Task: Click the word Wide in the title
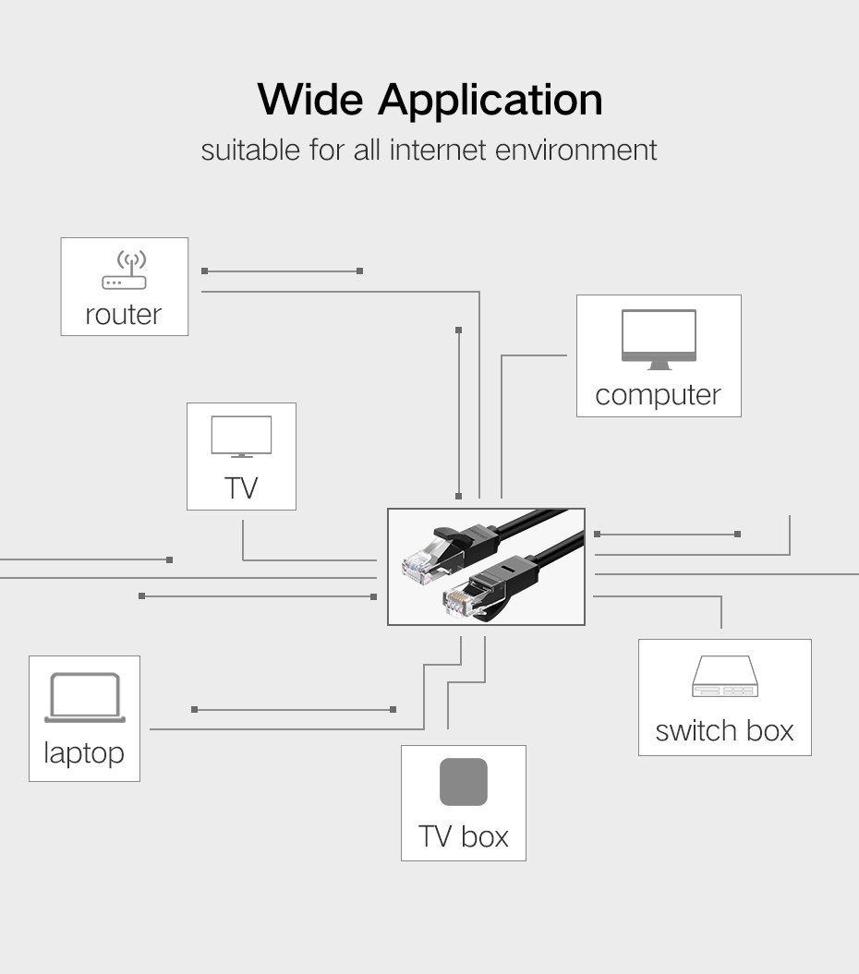click(x=310, y=100)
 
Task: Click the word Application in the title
click(x=490, y=101)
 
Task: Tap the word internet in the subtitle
click(x=438, y=150)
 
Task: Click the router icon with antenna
click(x=125, y=270)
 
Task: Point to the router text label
click(x=123, y=314)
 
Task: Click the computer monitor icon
click(x=659, y=339)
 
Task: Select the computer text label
click(x=659, y=395)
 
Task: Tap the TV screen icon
click(x=241, y=437)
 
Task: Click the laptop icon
click(x=85, y=698)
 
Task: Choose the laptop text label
click(x=84, y=753)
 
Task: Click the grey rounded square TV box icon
click(x=464, y=781)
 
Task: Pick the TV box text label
click(x=464, y=836)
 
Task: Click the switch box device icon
click(x=725, y=676)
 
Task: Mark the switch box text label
click(x=725, y=730)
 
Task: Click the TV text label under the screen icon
click(x=241, y=488)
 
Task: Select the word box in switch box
click(x=770, y=730)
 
